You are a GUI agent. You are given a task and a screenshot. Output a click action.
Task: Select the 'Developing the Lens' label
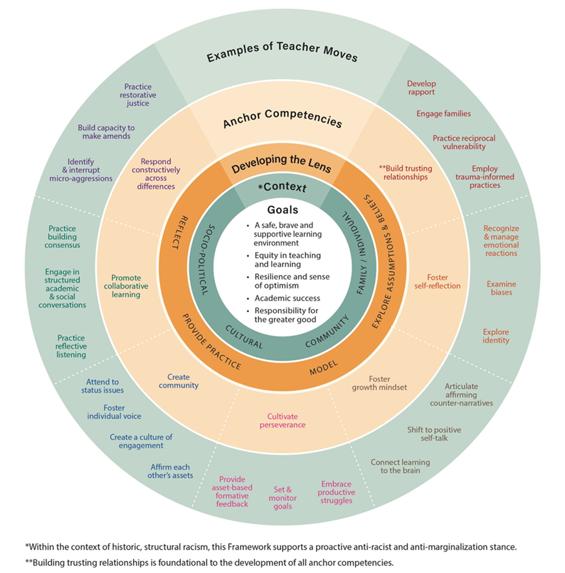point(281,164)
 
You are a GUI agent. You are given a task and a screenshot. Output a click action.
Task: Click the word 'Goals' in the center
point(282,209)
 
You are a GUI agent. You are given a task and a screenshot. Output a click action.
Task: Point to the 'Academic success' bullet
point(284,298)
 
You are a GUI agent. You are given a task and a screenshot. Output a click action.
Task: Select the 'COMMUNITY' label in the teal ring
point(327,335)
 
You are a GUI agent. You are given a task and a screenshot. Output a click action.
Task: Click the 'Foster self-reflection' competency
point(444,281)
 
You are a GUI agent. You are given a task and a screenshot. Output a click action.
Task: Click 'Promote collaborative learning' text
point(129,286)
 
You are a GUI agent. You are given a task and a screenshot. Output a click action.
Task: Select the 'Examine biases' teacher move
point(499,289)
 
